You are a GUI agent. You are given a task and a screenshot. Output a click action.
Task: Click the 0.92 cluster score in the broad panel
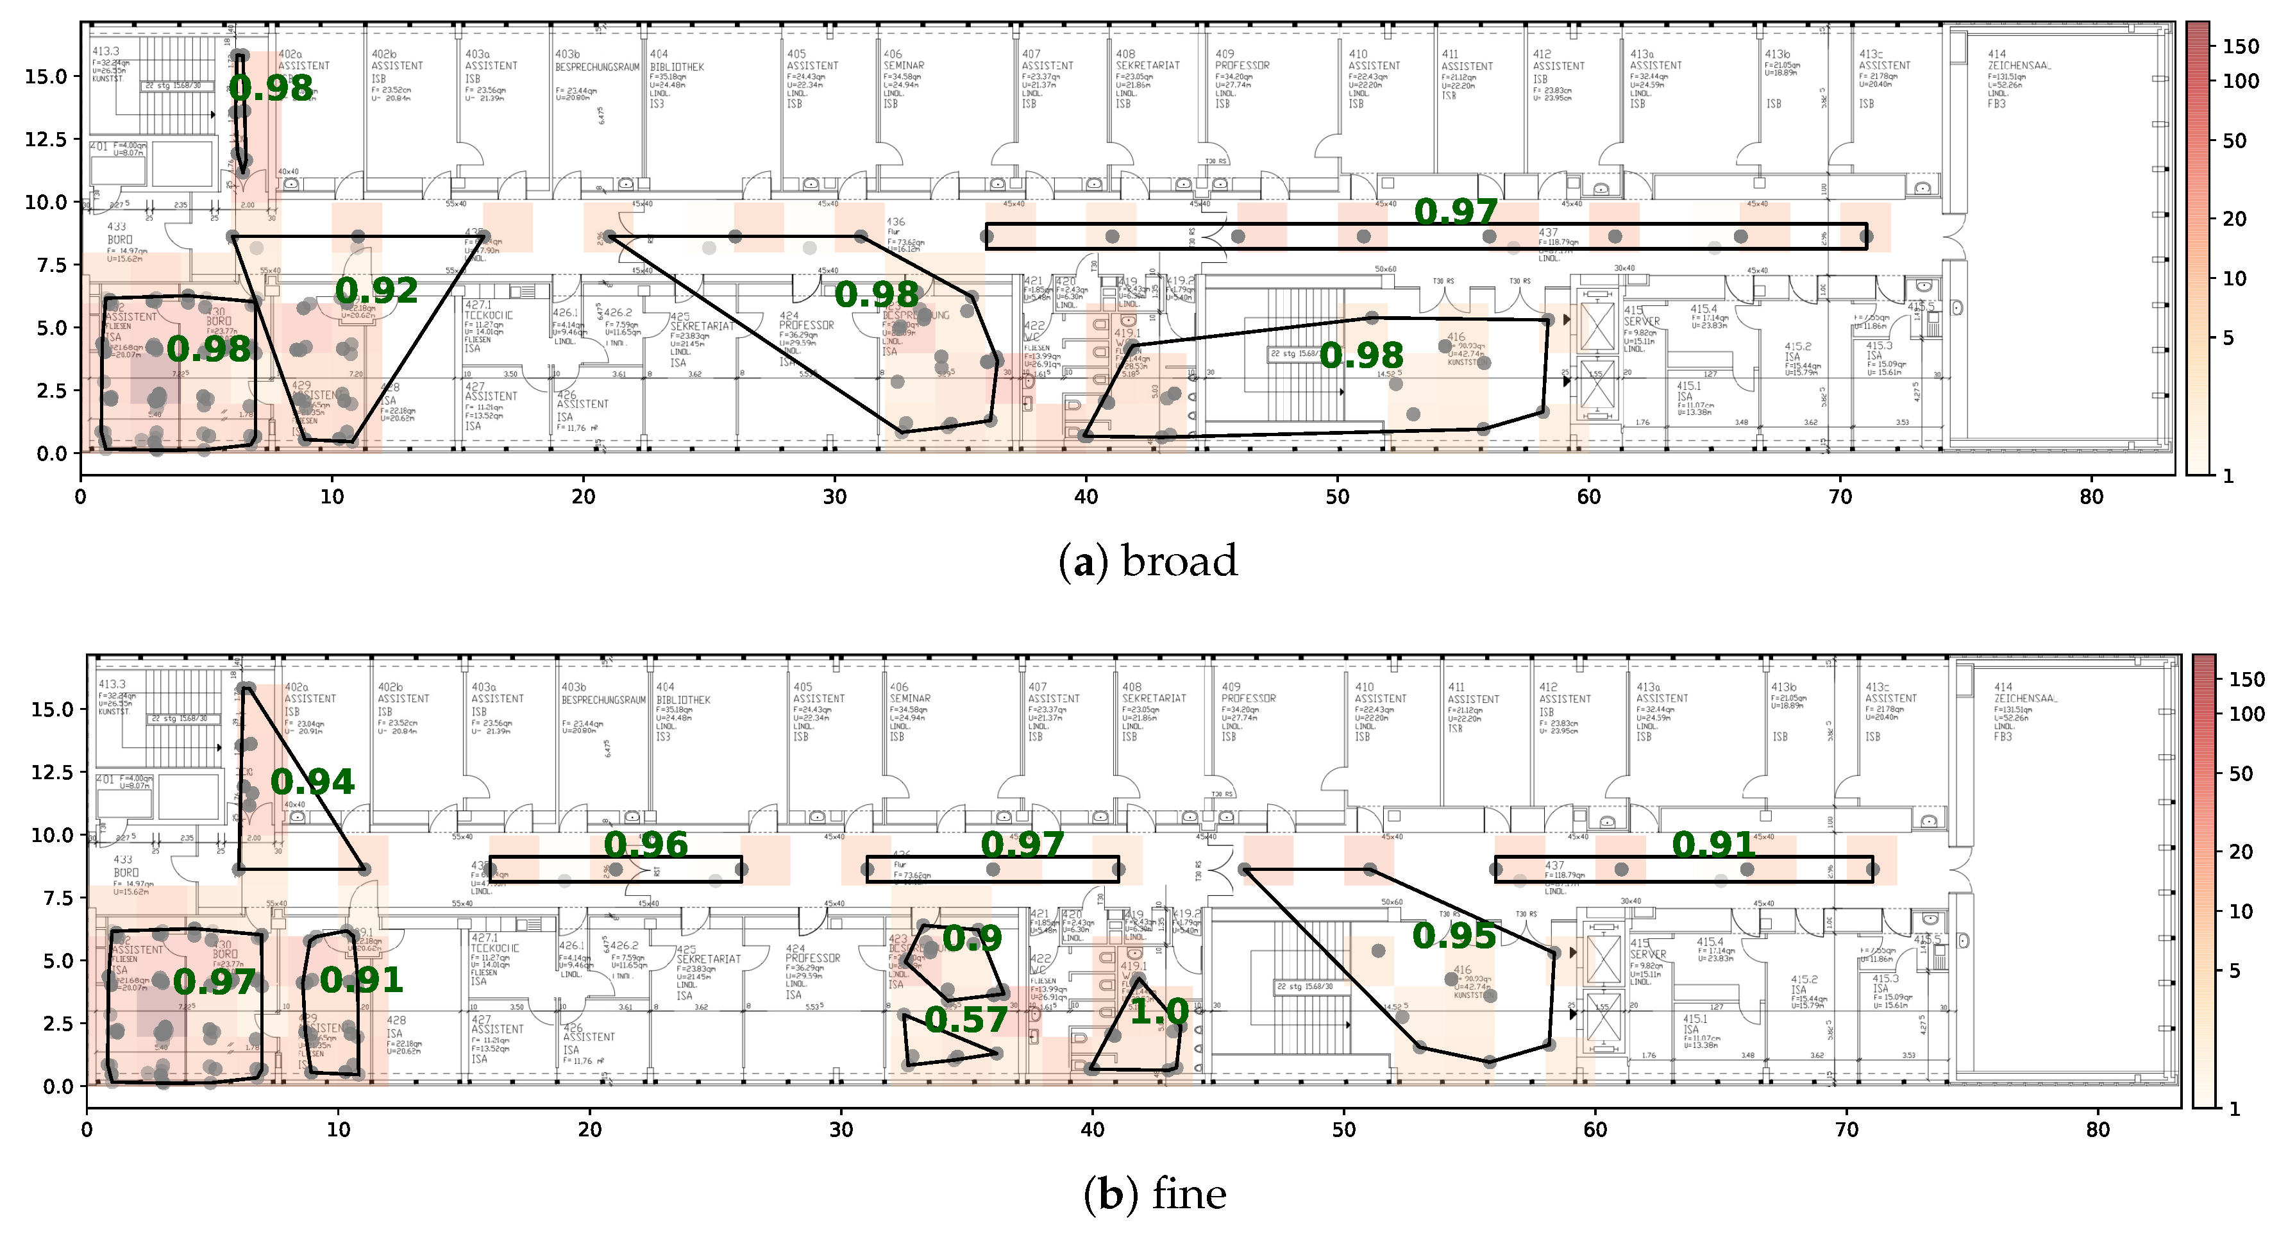376,291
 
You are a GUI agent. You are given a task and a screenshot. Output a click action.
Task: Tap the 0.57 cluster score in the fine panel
966,1020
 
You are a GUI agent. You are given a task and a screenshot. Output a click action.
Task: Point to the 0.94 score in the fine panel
313,782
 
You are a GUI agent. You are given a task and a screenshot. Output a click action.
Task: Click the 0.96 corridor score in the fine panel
646,845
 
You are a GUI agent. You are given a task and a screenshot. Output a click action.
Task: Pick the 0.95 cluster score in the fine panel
1454,935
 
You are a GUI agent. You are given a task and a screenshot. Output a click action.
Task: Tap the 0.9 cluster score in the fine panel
972,938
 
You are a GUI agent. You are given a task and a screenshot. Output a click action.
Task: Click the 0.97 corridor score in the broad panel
1456,212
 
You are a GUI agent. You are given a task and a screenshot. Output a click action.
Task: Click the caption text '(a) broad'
1148,561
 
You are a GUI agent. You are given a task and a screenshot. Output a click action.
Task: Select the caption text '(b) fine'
1155,1193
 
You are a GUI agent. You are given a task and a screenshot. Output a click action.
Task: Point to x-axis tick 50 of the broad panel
1338,496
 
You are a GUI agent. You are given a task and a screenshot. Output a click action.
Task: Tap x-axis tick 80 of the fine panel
2098,1130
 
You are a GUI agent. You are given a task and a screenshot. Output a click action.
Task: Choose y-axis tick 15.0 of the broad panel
46,76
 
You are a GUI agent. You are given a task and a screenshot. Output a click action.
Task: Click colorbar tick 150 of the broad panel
2240,46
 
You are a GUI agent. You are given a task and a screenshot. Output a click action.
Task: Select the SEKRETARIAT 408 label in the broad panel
1147,65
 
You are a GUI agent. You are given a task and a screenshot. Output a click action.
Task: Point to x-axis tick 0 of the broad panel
81,496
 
